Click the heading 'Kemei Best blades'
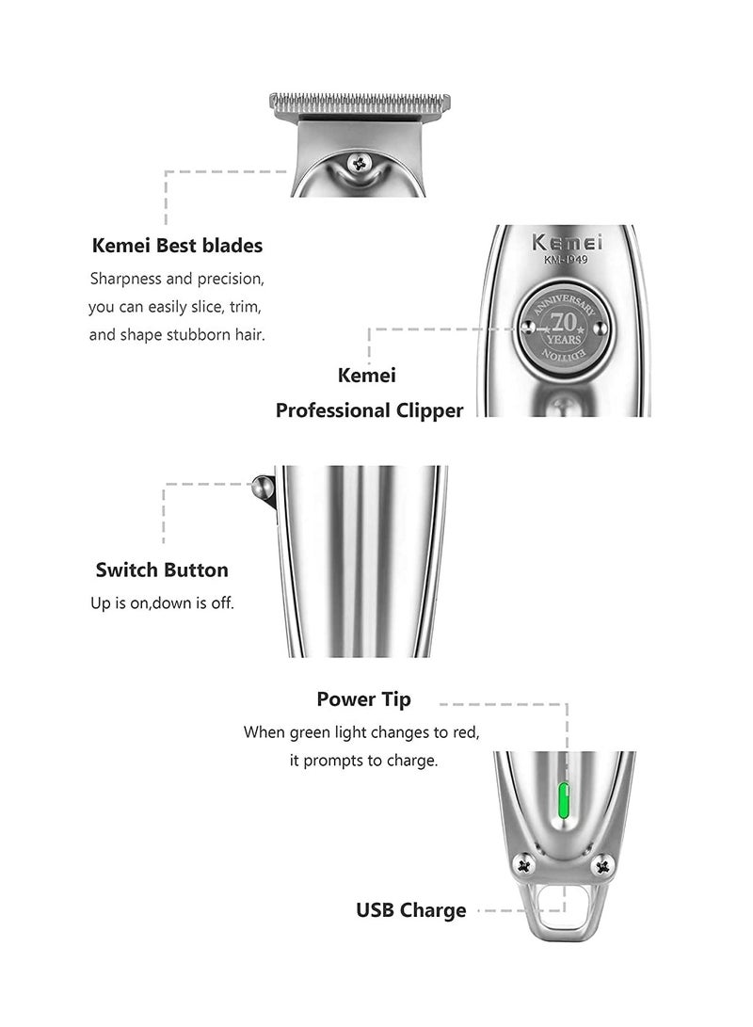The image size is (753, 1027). pyautogui.click(x=177, y=246)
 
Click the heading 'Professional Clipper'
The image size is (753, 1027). pyautogui.click(x=369, y=410)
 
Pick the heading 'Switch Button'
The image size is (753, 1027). pyautogui.click(x=162, y=570)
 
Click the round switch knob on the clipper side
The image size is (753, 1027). pyautogui.click(x=262, y=487)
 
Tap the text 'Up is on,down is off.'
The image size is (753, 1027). pyautogui.click(x=162, y=602)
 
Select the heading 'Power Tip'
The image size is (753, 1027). pyautogui.click(x=363, y=699)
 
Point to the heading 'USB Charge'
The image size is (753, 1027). pyautogui.click(x=410, y=909)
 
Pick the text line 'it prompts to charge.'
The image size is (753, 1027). pyautogui.click(x=363, y=761)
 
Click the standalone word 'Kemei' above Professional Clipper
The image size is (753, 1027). pyautogui.click(x=367, y=375)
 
